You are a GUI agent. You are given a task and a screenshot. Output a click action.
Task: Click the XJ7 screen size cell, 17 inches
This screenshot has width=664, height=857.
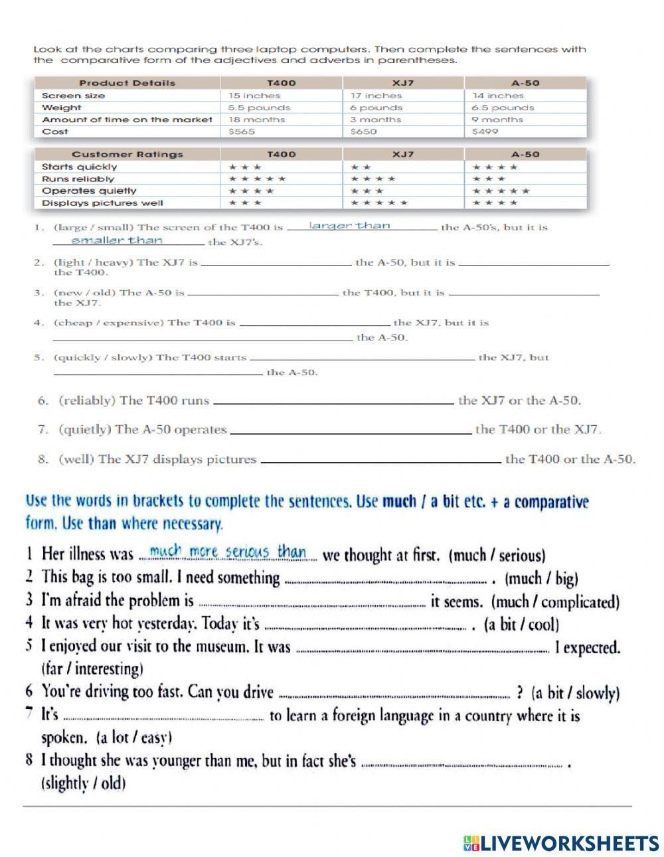point(376,96)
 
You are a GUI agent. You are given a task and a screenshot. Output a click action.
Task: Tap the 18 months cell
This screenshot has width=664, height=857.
point(256,119)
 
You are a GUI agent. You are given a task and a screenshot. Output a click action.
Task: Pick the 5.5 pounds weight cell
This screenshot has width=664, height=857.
point(259,108)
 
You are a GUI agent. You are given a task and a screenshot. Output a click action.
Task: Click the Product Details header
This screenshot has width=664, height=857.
point(127,83)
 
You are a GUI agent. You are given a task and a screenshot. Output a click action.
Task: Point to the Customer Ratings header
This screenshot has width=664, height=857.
point(127,154)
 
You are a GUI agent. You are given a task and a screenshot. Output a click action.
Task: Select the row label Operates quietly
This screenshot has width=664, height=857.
point(89,191)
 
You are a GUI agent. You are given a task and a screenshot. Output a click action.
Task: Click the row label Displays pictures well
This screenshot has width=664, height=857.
point(102,203)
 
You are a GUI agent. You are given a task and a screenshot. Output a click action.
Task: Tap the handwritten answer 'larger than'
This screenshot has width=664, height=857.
point(350,226)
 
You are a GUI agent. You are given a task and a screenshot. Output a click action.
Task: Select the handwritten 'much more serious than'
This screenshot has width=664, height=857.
point(228,552)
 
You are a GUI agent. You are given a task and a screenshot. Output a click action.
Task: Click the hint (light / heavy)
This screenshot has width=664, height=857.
point(93,262)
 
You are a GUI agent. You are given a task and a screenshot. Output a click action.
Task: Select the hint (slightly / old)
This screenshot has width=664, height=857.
point(84,783)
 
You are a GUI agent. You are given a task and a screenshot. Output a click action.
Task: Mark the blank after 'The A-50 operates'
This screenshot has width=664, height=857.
point(350,431)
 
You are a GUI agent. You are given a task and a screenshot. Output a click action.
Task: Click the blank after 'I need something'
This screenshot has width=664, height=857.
point(385,580)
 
